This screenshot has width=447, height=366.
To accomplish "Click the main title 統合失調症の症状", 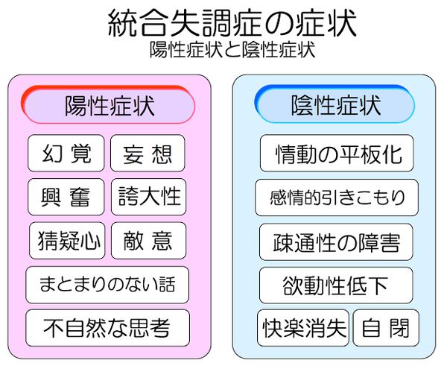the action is (x=232, y=23).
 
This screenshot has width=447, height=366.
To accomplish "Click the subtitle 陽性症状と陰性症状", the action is (x=232, y=50).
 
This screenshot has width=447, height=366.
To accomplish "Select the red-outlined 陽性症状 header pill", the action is (x=108, y=104).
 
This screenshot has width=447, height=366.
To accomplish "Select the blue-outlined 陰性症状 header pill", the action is (x=335, y=104).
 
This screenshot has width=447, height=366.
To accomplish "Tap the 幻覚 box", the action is (x=66, y=154).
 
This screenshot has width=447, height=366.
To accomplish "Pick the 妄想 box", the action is (x=148, y=154).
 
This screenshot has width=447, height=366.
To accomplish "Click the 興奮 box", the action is (x=66, y=197).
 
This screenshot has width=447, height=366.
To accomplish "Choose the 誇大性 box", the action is (x=148, y=197).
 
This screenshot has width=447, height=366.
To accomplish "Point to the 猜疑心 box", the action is (x=67, y=241).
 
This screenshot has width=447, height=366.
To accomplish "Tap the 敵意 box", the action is (x=148, y=241).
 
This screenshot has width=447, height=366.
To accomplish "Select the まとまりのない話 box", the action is (x=107, y=285).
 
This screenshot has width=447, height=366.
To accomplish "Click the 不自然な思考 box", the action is (x=108, y=328).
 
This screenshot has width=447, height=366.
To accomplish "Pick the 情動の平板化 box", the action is (x=337, y=154).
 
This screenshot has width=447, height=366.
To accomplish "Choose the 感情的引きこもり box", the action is (x=337, y=198).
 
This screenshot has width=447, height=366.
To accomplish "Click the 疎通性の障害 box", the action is (x=336, y=242).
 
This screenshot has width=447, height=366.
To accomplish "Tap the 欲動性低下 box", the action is (x=336, y=285).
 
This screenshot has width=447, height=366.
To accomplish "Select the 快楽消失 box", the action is (x=303, y=328).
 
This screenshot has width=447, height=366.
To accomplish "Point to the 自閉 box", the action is (x=386, y=328).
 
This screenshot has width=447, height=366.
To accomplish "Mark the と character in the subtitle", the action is (x=232, y=50).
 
